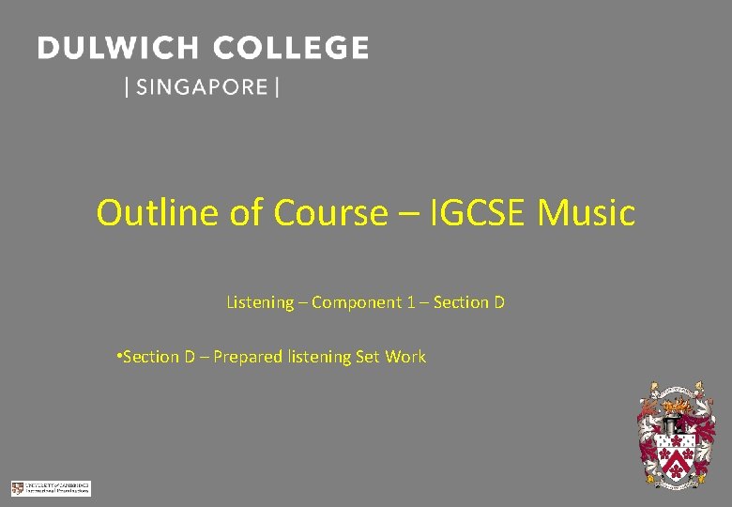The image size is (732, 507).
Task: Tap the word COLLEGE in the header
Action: click(x=291, y=48)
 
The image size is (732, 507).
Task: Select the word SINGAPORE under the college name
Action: click(x=202, y=87)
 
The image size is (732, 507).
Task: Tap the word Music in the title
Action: click(x=587, y=213)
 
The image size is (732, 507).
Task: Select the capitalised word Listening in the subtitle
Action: click(x=260, y=302)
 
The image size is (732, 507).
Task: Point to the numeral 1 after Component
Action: click(x=411, y=302)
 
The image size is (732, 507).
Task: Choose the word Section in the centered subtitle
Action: click(x=462, y=302)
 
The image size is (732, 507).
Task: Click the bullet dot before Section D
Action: click(x=117, y=356)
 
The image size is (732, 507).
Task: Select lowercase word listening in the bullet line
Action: click(x=319, y=357)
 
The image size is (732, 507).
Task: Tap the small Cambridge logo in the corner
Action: click(x=51, y=488)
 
